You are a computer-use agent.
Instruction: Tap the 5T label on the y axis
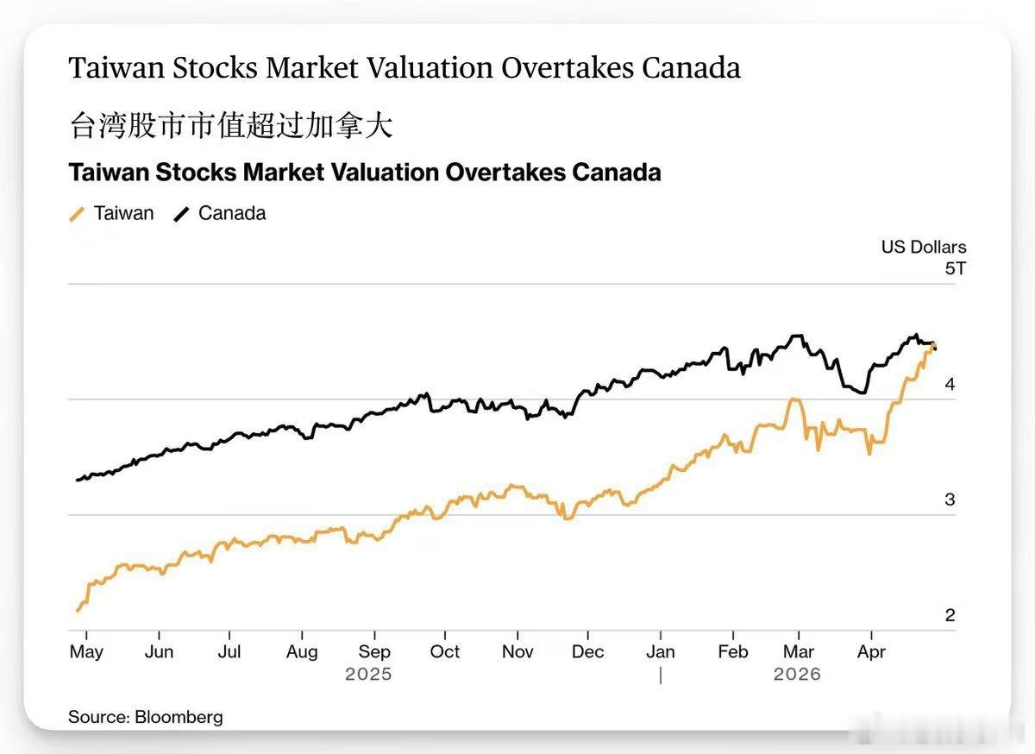tap(955, 268)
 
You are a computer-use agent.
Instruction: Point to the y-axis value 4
tap(950, 385)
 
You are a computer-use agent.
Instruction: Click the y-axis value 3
tap(950, 500)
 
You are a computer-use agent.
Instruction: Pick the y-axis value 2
tap(950, 616)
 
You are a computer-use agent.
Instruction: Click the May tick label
tap(85, 651)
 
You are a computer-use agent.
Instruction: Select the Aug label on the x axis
tap(301, 651)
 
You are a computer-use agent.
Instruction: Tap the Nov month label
tap(517, 651)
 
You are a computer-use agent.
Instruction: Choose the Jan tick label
tap(661, 651)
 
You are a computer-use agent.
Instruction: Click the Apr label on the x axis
tap(871, 651)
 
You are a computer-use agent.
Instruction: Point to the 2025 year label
tap(368, 674)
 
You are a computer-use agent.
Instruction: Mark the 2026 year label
tap(797, 674)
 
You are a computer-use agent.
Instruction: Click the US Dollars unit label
tap(923, 248)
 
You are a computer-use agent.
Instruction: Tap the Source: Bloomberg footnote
tap(146, 717)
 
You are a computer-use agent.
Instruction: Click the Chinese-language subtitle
tap(230, 126)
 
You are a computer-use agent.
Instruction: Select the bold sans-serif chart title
tap(365, 173)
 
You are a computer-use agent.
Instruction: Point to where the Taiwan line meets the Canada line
tap(934, 345)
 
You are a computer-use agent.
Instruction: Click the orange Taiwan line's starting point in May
tap(78, 610)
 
